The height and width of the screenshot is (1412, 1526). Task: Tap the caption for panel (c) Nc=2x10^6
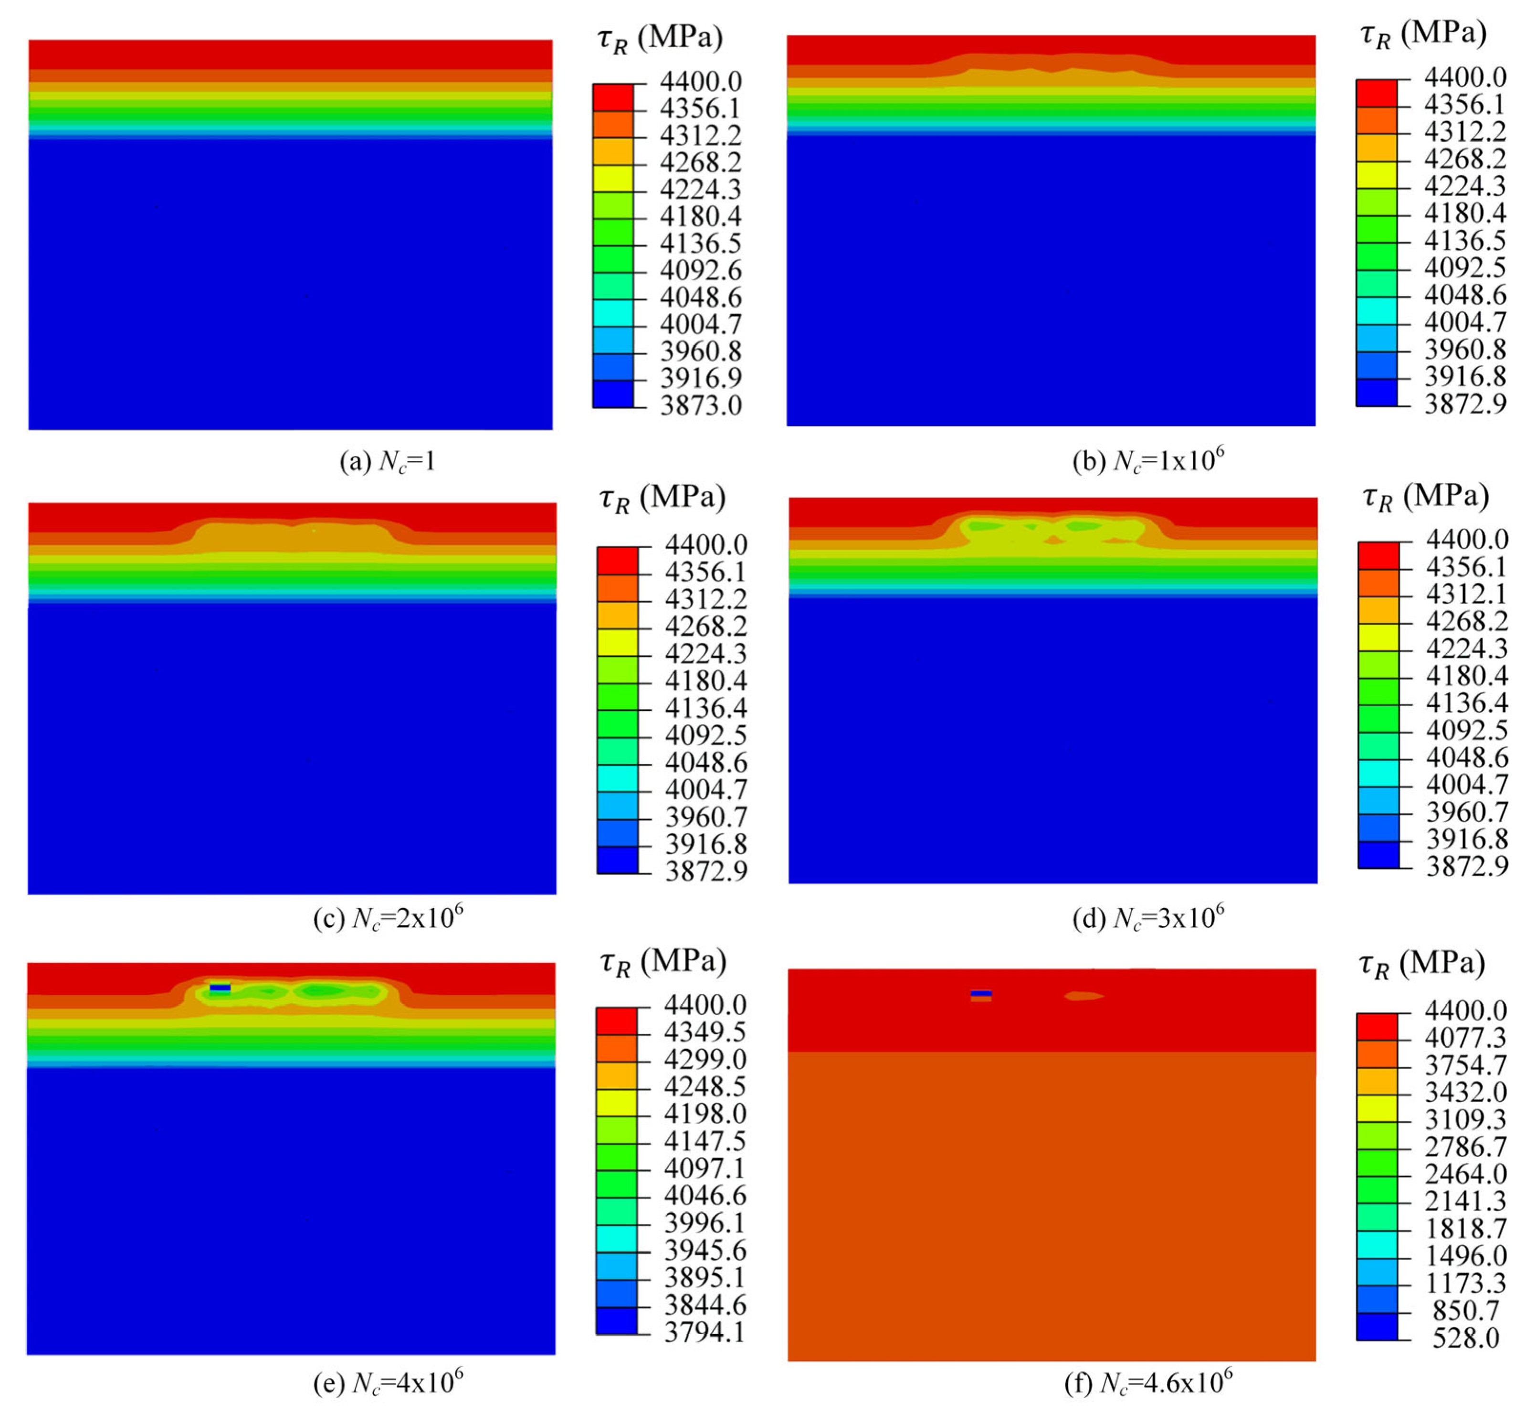pyautogui.click(x=388, y=917)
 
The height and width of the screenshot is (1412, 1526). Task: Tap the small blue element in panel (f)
pyautogui.click(x=981, y=993)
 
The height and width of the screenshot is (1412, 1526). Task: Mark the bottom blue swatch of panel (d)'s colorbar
pyautogui.click(x=1378, y=854)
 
